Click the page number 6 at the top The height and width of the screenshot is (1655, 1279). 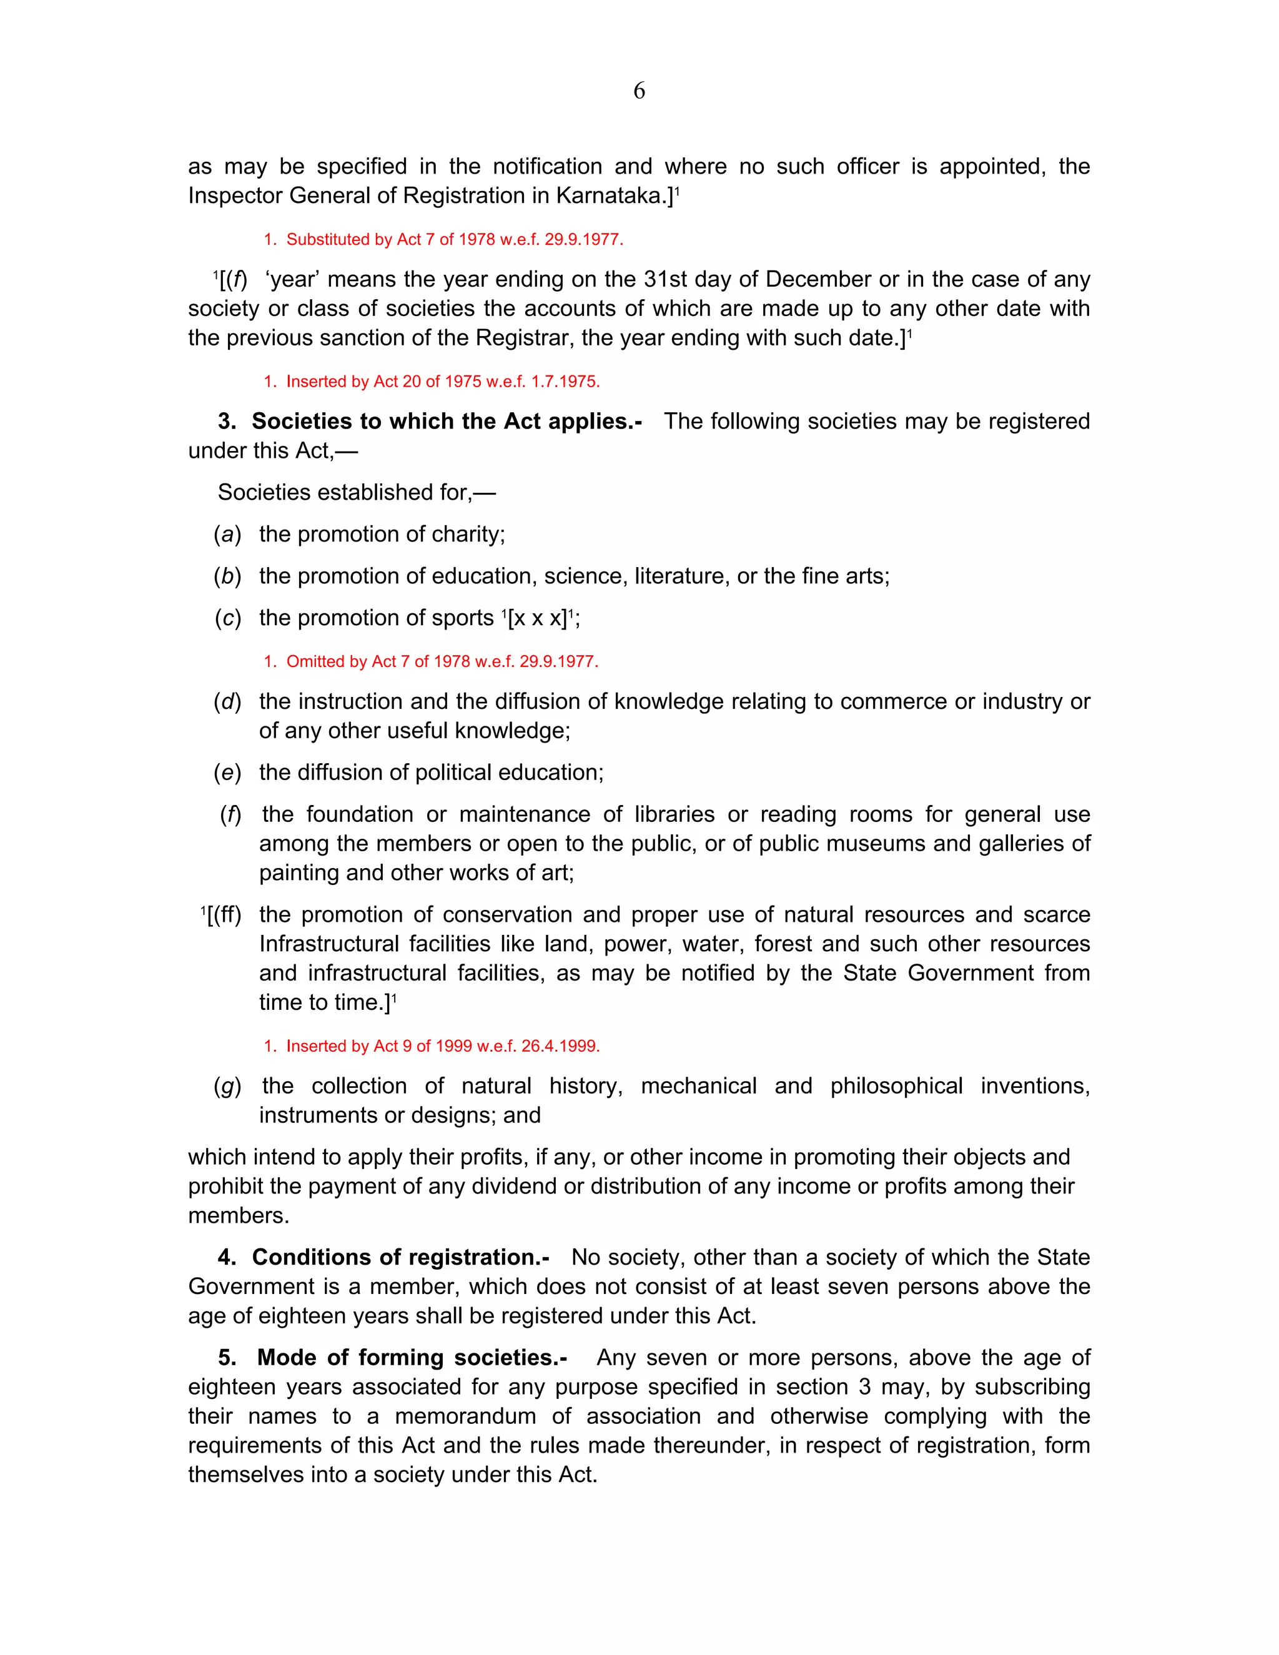639,91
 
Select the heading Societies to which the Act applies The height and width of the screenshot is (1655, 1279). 447,422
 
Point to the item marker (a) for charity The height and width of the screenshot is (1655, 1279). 227,534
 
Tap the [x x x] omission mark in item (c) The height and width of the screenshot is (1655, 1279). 538,618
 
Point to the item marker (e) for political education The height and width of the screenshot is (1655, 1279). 227,772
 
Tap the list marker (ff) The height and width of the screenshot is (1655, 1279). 225,915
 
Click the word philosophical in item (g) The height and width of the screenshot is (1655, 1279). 896,1086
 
